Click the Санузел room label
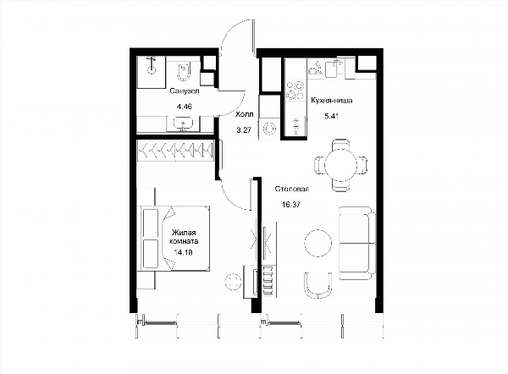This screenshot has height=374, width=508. pyautogui.click(x=185, y=91)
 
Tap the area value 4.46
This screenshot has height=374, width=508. pyautogui.click(x=184, y=106)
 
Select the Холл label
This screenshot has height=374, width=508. pyautogui.click(x=245, y=114)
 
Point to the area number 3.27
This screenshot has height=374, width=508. pyautogui.click(x=244, y=130)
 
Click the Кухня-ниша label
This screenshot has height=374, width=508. pyautogui.click(x=331, y=101)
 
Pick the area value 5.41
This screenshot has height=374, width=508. pyautogui.click(x=331, y=116)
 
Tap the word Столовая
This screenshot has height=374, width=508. pyautogui.click(x=291, y=189)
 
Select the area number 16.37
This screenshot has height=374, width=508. pyautogui.click(x=291, y=204)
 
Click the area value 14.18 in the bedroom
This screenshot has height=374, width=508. pyautogui.click(x=183, y=252)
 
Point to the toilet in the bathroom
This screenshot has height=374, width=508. pyautogui.click(x=184, y=71)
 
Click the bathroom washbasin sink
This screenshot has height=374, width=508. pyautogui.click(x=184, y=124)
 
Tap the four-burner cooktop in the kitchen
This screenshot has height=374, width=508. pyautogui.click(x=295, y=91)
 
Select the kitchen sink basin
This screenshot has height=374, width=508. pyautogui.click(x=331, y=69)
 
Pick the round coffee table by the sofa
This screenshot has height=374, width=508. pyautogui.click(x=318, y=243)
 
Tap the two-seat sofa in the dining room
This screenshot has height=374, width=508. pyautogui.click(x=357, y=243)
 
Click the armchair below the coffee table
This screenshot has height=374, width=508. pyautogui.click(x=318, y=285)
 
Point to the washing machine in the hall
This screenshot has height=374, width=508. pyautogui.click(x=269, y=129)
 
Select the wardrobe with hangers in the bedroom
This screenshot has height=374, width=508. pyautogui.click(x=175, y=151)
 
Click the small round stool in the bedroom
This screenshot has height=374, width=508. pyautogui.click(x=233, y=281)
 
